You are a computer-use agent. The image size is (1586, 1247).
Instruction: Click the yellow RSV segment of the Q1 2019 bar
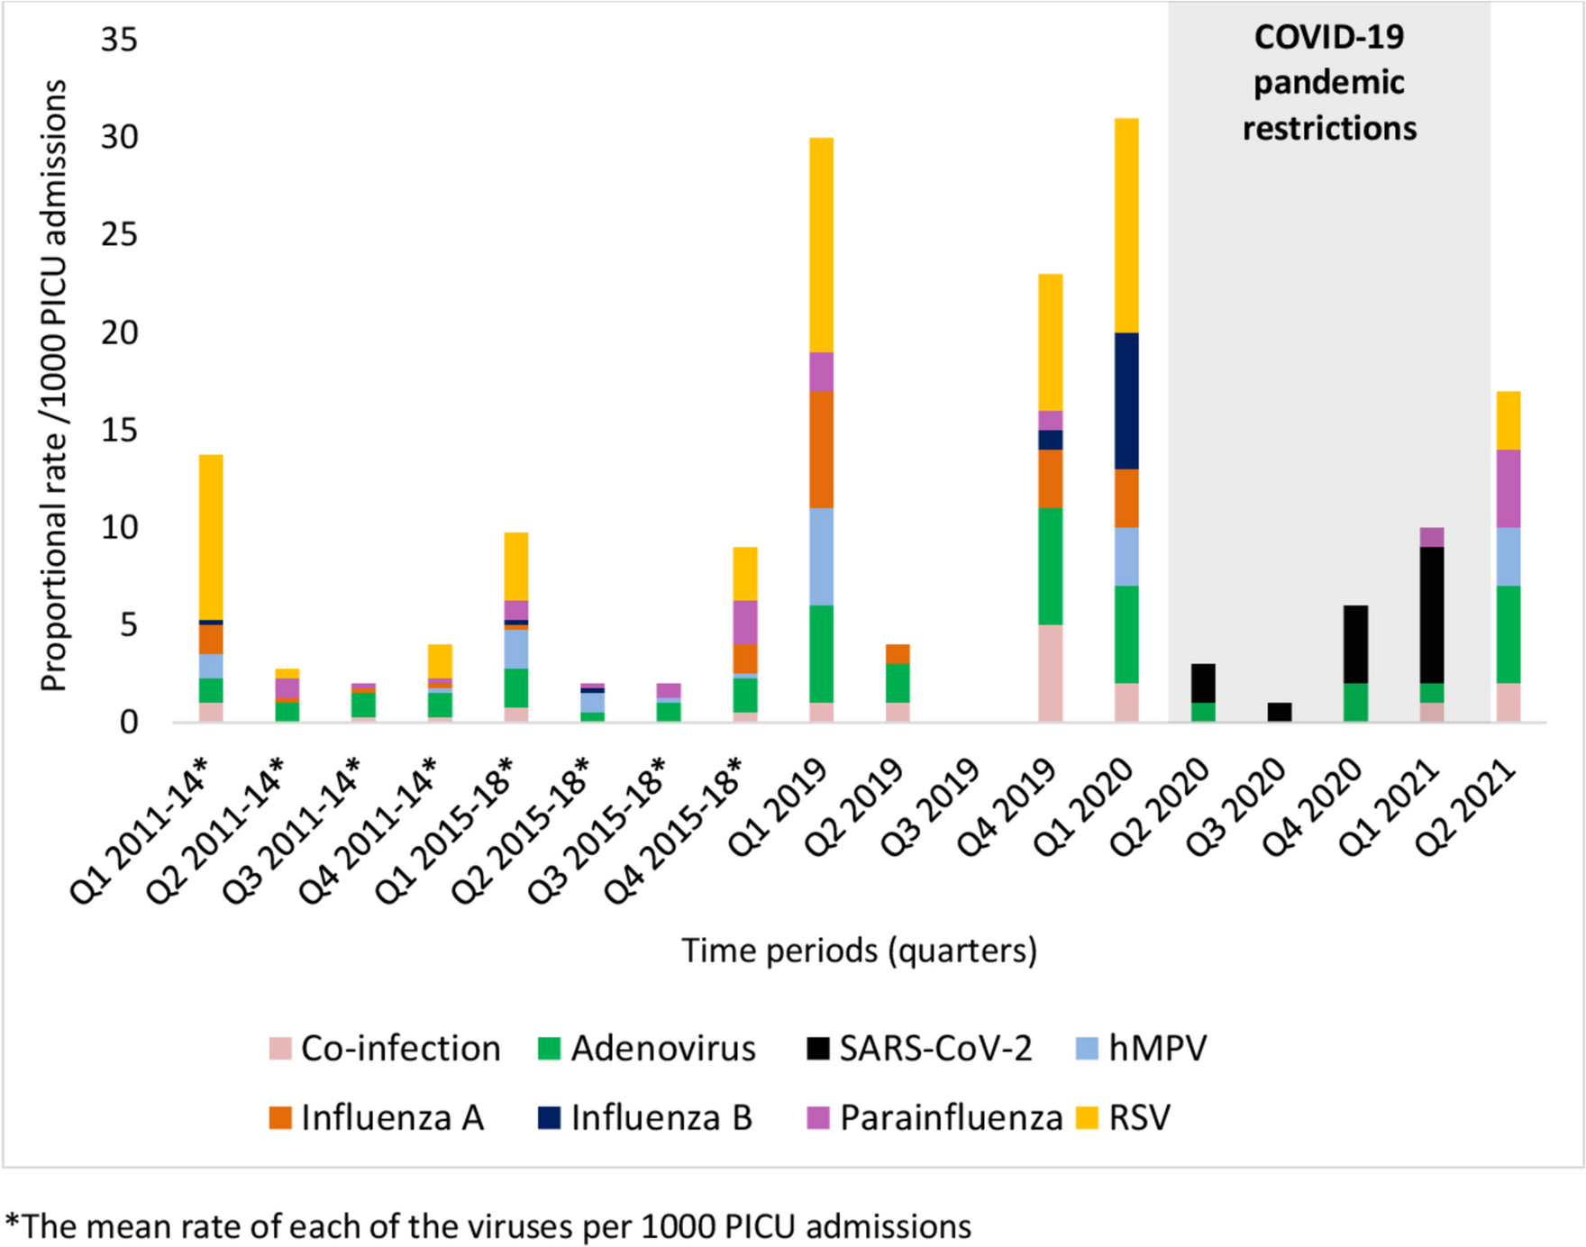coord(821,244)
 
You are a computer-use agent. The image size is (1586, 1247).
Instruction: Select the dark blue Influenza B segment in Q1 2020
coord(1126,401)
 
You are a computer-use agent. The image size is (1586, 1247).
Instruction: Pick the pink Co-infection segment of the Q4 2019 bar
coord(1050,673)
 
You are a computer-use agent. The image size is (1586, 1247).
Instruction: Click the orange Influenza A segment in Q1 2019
coord(821,450)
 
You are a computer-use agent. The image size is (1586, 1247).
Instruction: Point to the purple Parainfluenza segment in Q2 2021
coord(1509,488)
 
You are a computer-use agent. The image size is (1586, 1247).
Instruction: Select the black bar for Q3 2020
coord(1280,712)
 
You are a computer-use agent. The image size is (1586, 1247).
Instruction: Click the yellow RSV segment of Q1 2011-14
coord(211,537)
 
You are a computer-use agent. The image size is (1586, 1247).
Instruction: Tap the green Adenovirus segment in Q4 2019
coord(1050,566)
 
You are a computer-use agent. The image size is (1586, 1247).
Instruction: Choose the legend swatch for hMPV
coord(1088,1049)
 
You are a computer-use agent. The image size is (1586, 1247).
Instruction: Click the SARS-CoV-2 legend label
coord(935,1049)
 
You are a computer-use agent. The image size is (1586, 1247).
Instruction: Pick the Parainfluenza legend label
coord(951,1118)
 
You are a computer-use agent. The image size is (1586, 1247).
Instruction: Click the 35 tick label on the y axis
coord(119,40)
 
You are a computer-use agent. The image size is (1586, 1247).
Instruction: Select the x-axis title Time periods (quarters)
coord(859,951)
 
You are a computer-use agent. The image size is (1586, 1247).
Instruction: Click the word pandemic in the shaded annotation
coord(1329,83)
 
